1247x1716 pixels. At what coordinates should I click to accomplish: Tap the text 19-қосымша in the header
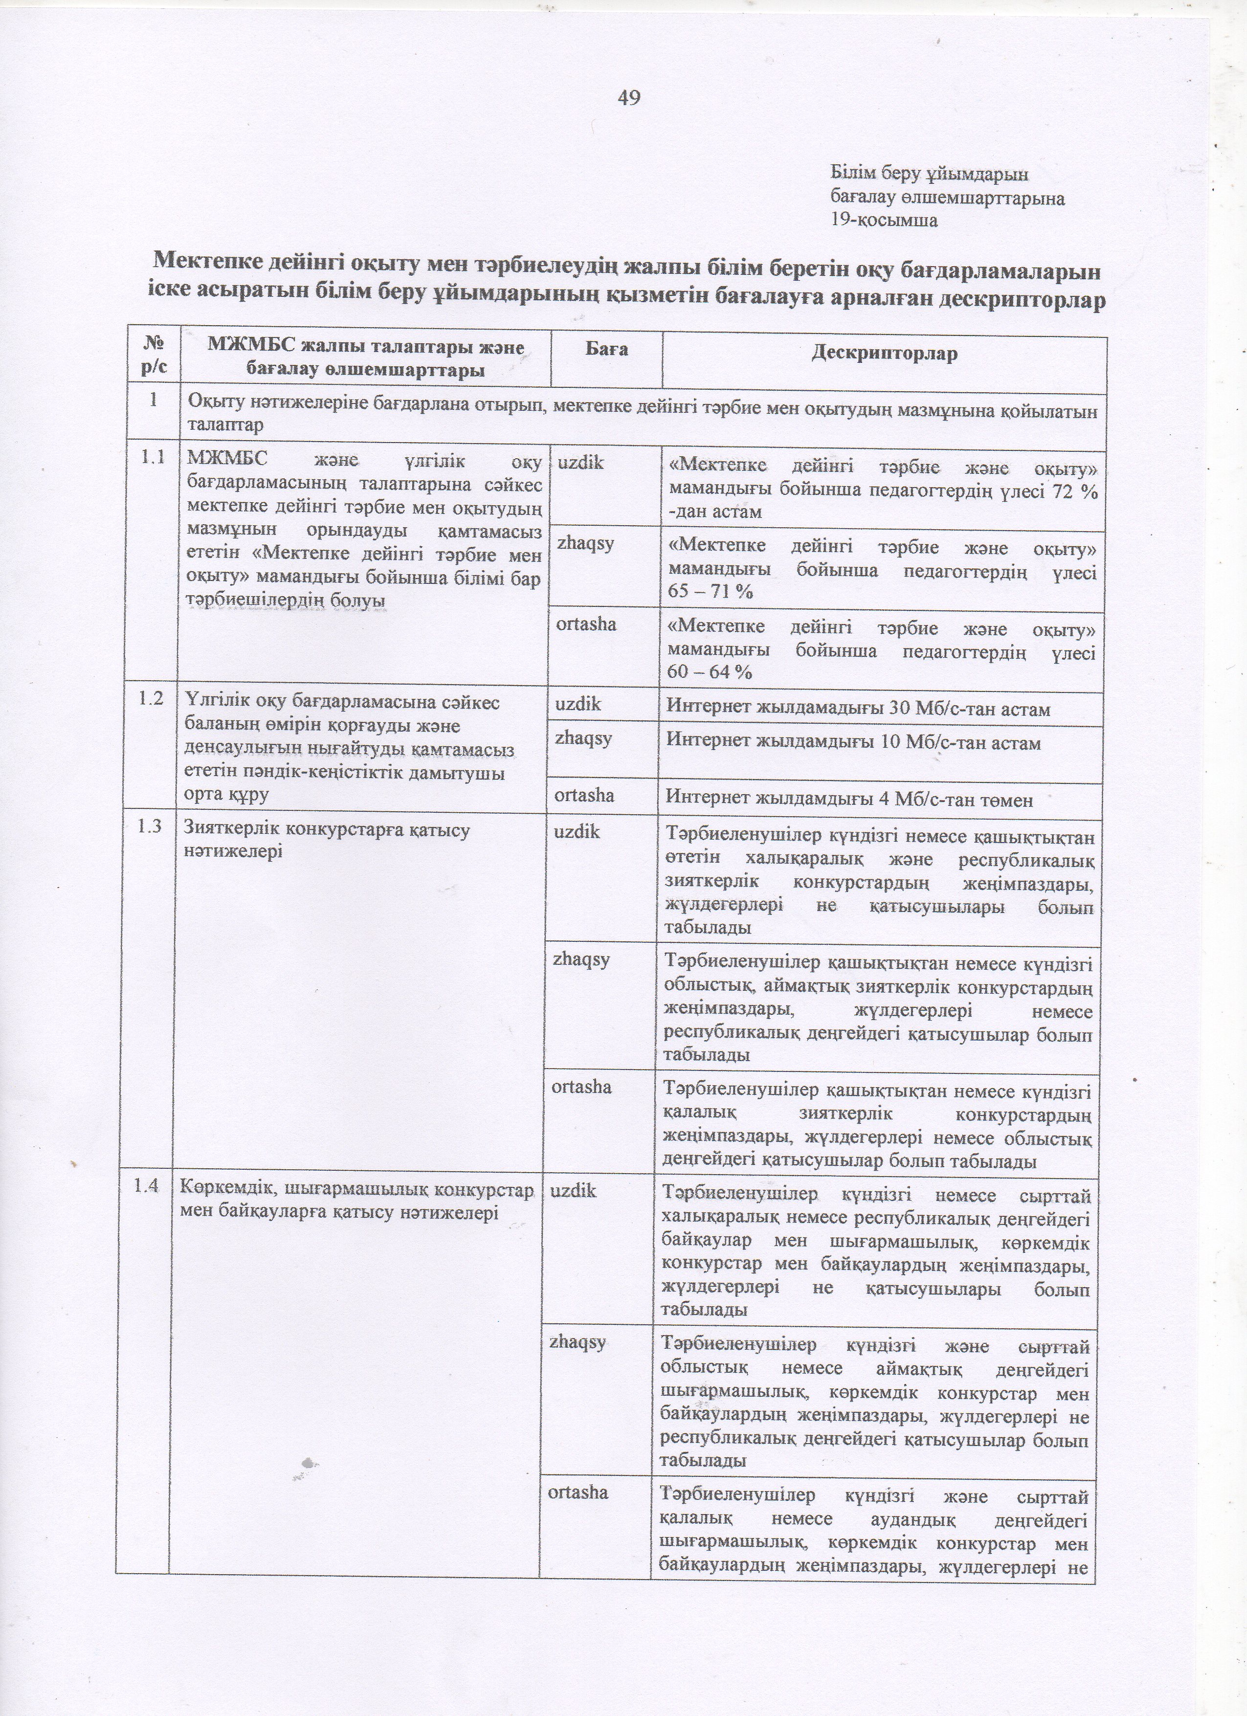[884, 221]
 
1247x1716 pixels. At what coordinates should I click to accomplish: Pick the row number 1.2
[151, 700]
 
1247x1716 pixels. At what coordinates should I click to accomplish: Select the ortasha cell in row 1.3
[582, 1087]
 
